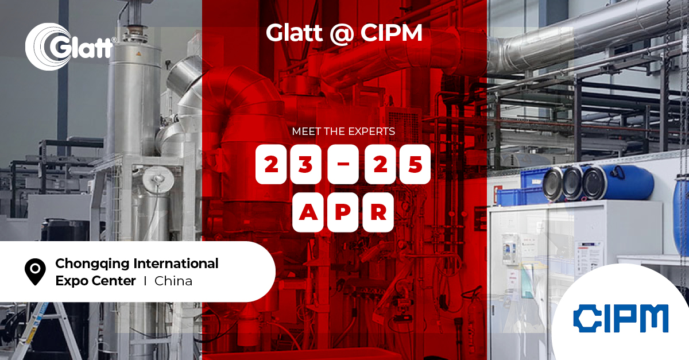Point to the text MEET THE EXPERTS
343,131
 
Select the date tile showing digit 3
304,165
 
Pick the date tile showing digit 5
415,165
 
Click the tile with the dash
343,165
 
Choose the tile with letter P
343,212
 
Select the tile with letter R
378,212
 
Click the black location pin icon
36,271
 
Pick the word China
173,281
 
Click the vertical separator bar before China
145,281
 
